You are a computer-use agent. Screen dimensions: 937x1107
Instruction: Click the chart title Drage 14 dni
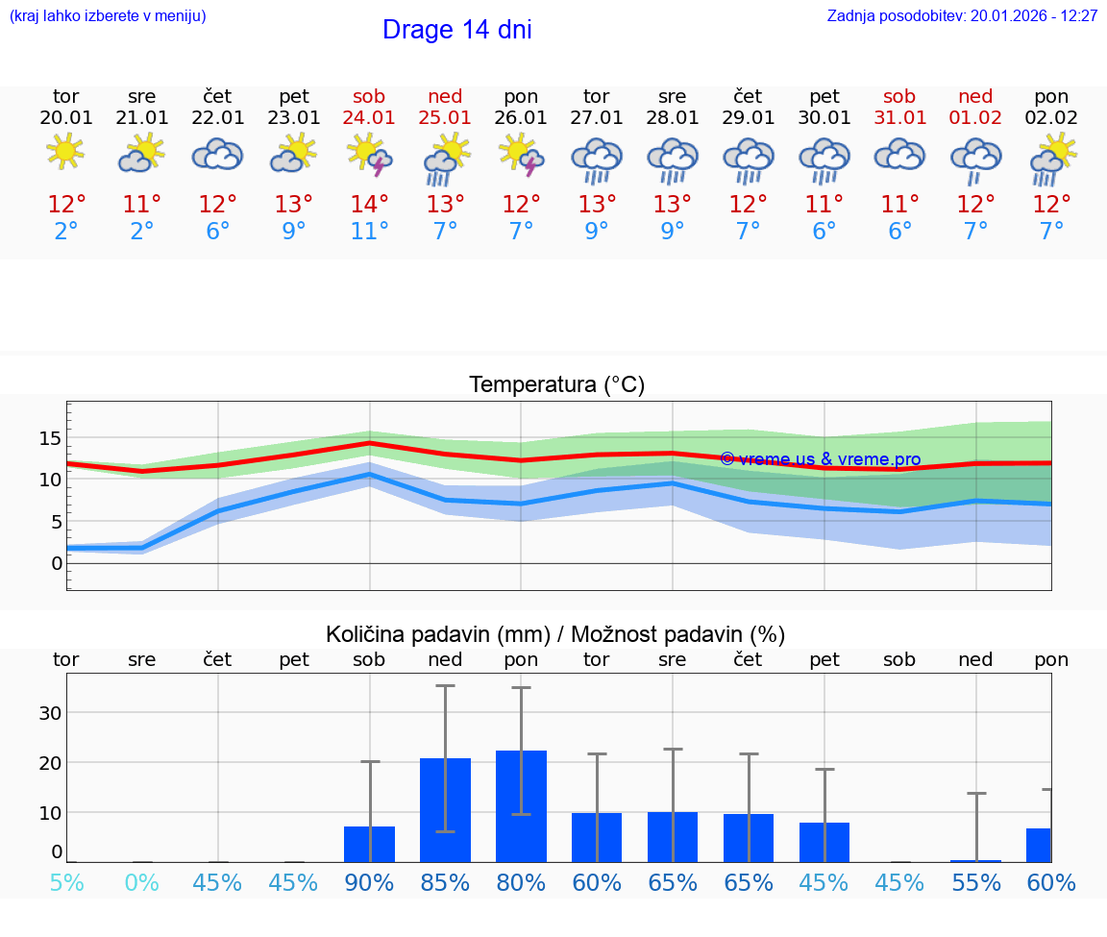click(456, 30)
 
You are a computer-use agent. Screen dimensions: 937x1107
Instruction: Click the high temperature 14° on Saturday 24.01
click(369, 205)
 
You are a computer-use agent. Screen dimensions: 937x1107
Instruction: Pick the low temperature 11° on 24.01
click(369, 232)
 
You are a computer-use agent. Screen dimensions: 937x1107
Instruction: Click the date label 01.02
click(975, 118)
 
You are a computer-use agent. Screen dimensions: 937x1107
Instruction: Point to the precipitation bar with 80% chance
click(521, 806)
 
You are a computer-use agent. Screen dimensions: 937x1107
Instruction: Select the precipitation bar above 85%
click(445, 809)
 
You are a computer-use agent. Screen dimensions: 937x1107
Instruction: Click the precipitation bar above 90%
click(369, 844)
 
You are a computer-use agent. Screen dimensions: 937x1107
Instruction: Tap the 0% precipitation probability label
click(141, 882)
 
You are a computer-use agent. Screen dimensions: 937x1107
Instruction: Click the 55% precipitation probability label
click(976, 882)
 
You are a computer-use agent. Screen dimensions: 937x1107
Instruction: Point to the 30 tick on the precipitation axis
click(50, 713)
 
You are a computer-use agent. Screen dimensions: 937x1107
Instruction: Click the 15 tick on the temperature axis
click(50, 438)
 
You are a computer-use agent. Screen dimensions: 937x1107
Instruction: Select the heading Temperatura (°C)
click(556, 385)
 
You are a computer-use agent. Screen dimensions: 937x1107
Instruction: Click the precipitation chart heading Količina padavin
click(555, 634)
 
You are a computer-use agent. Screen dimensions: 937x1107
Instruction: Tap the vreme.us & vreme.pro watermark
click(820, 459)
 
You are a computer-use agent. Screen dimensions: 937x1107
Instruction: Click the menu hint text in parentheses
click(108, 16)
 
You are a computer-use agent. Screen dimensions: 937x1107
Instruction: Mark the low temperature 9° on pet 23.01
click(293, 232)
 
